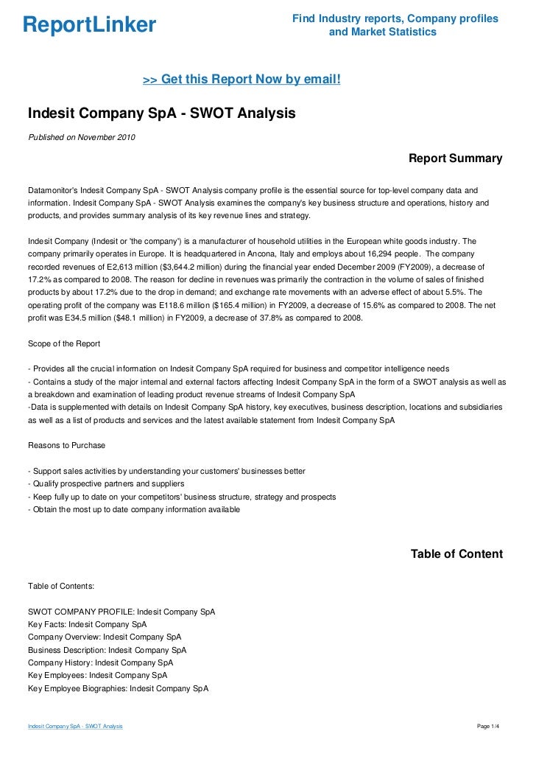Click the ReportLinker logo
(x=89, y=25)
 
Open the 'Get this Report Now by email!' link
(x=241, y=79)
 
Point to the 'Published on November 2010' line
(x=81, y=137)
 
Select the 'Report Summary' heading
(x=455, y=158)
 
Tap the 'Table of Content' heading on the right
(x=456, y=554)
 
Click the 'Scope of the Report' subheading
(x=64, y=344)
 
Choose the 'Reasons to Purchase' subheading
(x=66, y=445)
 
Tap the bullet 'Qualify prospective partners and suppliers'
(x=106, y=484)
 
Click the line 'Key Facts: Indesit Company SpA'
(x=88, y=624)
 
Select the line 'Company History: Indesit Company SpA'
(x=101, y=662)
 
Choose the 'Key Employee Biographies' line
(x=118, y=688)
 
